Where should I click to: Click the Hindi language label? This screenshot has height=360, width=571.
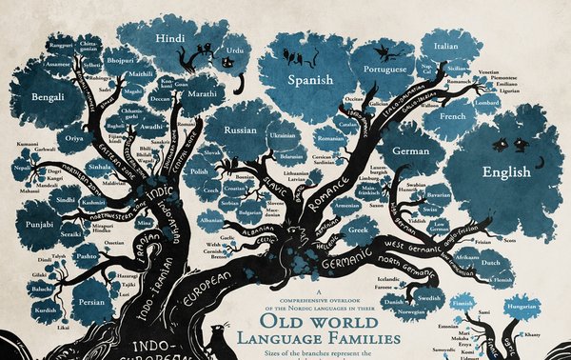170,38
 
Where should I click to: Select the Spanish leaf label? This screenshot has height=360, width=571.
310,81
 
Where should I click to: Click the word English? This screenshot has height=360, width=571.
506,173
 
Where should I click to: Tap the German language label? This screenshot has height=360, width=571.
412,151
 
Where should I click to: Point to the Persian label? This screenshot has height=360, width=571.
92,306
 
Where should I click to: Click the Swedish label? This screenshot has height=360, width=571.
428,297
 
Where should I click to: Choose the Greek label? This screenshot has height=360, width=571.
359,230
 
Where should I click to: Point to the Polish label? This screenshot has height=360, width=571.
199,171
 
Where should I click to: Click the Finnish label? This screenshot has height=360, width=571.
463,305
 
